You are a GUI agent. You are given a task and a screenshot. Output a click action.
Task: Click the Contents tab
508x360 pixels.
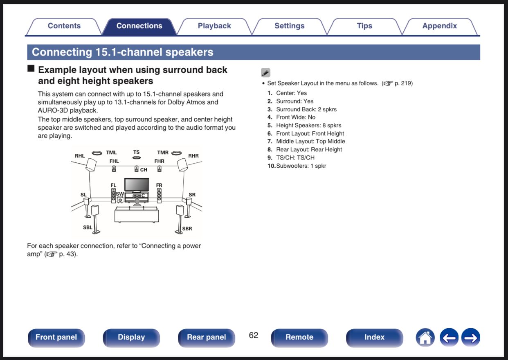click(64, 26)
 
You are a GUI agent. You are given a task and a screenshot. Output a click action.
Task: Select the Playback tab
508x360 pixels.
click(214, 26)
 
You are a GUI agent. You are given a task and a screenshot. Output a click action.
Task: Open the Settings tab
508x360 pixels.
click(289, 26)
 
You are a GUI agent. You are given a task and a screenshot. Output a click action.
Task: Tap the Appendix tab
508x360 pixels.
click(439, 26)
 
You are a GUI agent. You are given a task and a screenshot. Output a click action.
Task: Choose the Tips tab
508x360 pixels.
click(364, 26)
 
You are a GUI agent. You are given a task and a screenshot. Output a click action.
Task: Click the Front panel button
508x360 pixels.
click(56, 337)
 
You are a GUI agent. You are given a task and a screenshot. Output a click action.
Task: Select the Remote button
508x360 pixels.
click(299, 337)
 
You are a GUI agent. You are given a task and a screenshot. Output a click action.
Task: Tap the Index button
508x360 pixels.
click(374, 337)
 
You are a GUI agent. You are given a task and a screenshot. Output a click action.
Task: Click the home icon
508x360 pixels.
click(425, 337)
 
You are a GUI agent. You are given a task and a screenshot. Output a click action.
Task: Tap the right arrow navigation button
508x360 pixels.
click(470, 337)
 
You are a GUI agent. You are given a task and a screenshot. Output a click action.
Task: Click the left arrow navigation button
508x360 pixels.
click(449, 337)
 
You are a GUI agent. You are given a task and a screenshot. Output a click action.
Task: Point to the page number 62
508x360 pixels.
click(254, 335)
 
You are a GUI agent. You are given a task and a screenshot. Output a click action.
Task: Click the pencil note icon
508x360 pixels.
click(266, 73)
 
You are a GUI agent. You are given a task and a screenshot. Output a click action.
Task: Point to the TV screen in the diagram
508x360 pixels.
click(137, 184)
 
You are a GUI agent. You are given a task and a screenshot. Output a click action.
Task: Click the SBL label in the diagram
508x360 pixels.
click(88, 227)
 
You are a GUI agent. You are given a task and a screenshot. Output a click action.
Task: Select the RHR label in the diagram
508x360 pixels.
click(193, 156)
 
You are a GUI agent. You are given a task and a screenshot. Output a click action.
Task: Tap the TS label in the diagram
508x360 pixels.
click(136, 152)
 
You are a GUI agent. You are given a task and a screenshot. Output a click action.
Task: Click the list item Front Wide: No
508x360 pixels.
click(295, 117)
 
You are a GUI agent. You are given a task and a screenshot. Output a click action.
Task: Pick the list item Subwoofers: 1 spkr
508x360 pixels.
click(301, 166)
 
